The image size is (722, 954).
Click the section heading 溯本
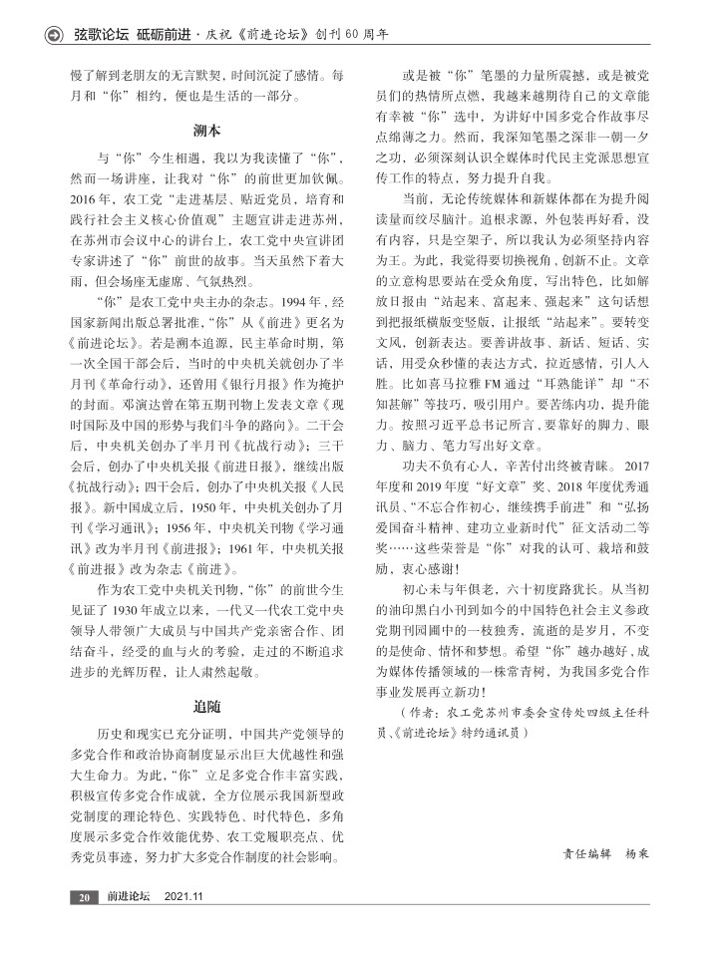pyautogui.click(x=206, y=131)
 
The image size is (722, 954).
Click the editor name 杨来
pyautogui.click(x=637, y=854)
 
